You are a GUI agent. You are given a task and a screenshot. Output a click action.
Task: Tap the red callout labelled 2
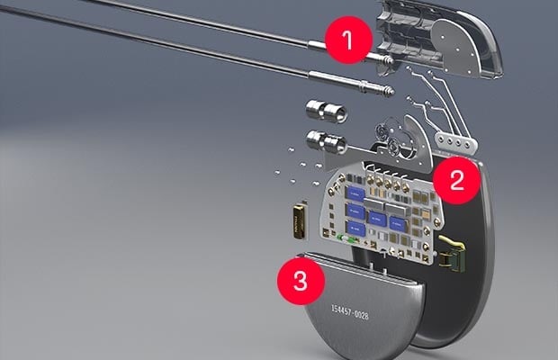tap(456, 180)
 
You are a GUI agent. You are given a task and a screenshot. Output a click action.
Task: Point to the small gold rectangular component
tap(298, 220)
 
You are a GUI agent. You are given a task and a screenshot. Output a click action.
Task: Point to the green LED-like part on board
tap(347, 239)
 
